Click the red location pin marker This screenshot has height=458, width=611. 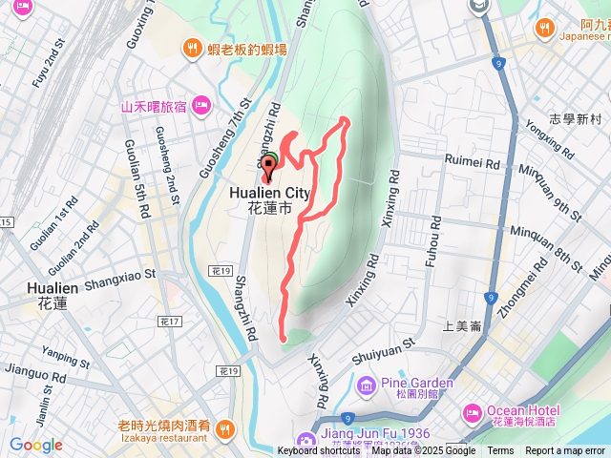coord(267,168)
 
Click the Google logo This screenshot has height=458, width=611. coord(35,445)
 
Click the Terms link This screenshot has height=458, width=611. coord(500,451)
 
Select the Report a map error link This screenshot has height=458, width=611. coord(565,451)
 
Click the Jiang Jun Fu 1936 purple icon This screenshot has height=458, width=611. coord(305,440)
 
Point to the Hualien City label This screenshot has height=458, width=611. coord(270,193)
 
